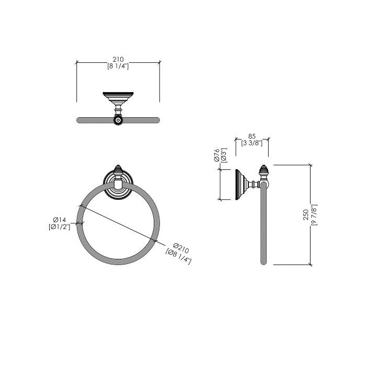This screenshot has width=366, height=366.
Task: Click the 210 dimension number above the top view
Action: coord(118,59)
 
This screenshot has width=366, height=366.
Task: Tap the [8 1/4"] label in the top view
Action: coord(118,66)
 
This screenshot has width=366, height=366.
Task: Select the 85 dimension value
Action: coord(252,136)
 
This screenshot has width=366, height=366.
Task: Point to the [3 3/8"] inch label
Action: coord(252,143)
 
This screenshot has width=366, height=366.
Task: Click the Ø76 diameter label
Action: coord(216,155)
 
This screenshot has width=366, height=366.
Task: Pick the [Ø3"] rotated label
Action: coord(224,155)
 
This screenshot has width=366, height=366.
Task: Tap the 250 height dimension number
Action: coord(306,214)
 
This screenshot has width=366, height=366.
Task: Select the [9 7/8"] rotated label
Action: coord(314,215)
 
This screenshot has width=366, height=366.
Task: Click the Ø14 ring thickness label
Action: coord(60,220)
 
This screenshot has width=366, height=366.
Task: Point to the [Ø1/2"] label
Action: coord(60,226)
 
